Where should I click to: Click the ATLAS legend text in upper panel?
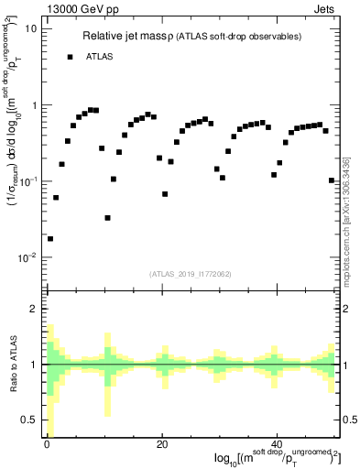pos(101,57)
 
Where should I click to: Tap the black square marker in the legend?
pos(70,57)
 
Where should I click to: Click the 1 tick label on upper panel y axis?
pos(36,105)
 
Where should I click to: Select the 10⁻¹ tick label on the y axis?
pos(30,181)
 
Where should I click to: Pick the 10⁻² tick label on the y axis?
pos(30,257)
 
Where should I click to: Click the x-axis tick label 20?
pos(161,445)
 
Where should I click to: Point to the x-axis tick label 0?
pos(47,445)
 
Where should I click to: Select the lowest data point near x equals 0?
pos(49,238)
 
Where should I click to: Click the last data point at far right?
pos(331,180)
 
